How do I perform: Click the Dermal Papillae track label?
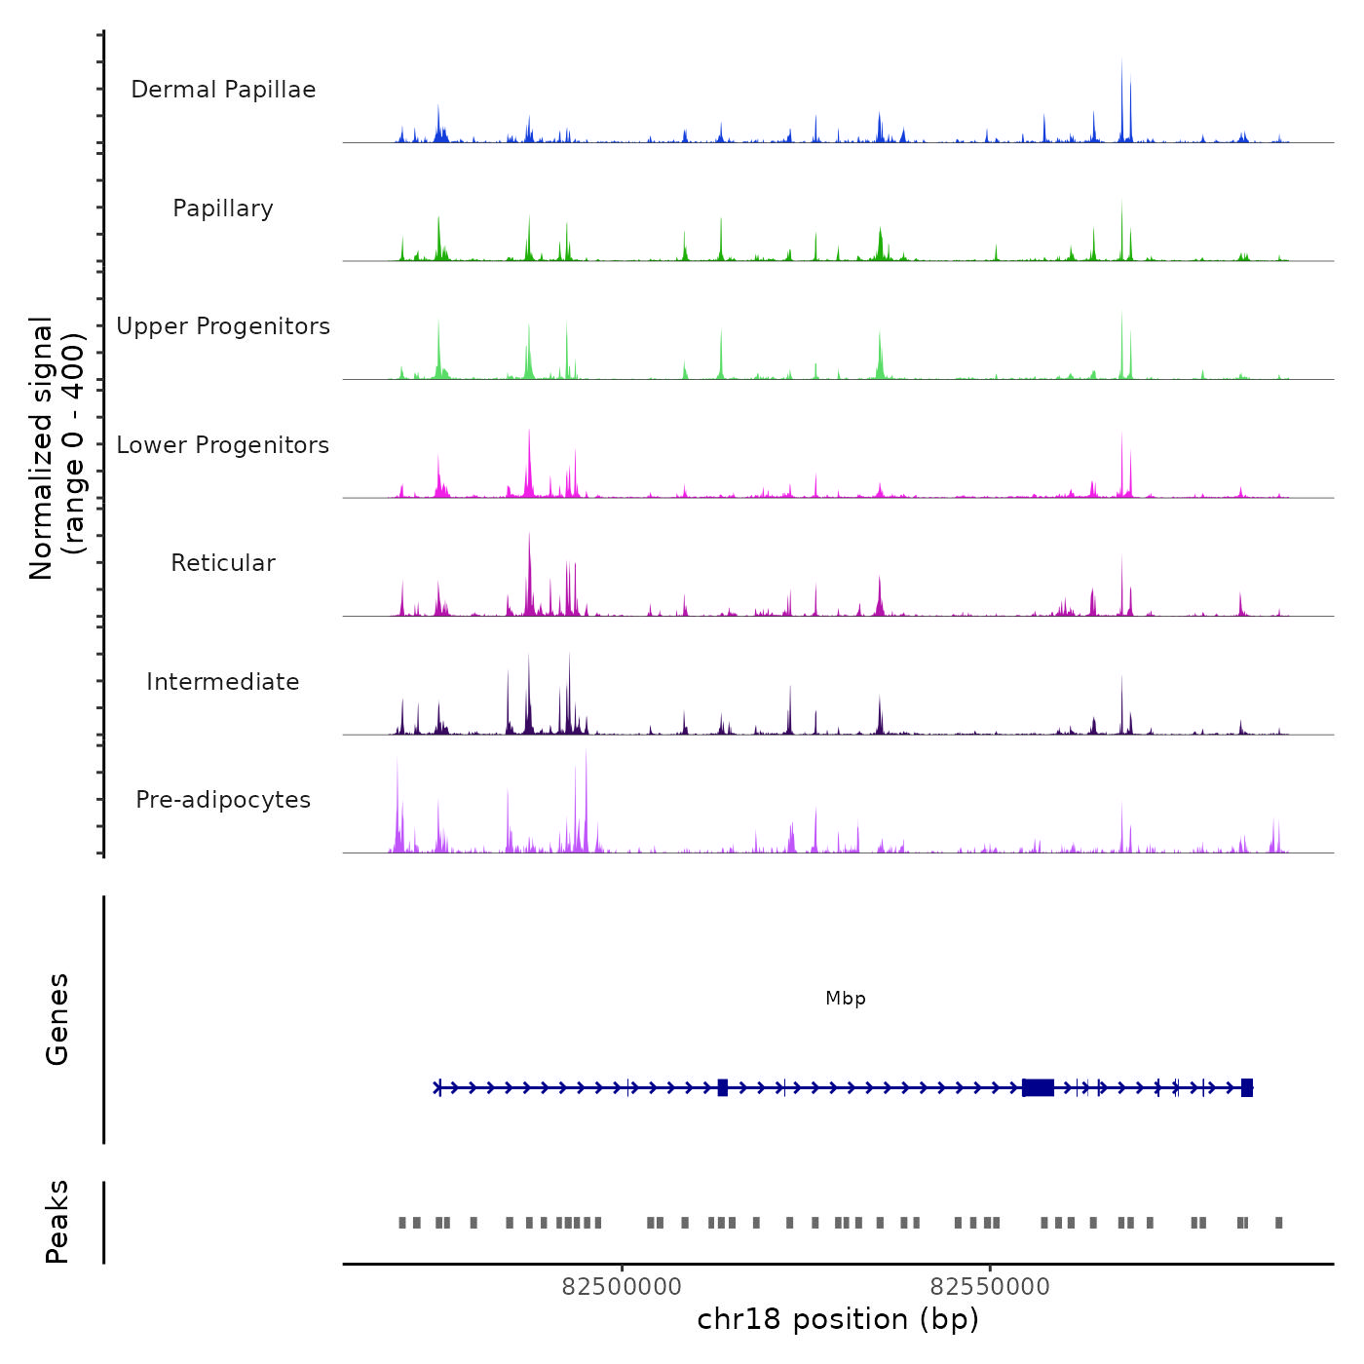click(x=223, y=90)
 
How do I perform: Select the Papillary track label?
click(x=223, y=208)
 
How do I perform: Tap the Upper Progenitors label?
click(x=223, y=326)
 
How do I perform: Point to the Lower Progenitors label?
click(x=223, y=445)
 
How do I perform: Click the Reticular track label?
click(x=223, y=563)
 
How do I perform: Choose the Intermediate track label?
click(x=223, y=682)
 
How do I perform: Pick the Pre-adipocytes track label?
click(x=223, y=800)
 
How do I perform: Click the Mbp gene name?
click(x=845, y=999)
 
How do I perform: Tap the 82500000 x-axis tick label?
click(x=622, y=1287)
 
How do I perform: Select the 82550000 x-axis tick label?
click(x=990, y=1287)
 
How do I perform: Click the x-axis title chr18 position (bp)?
click(x=838, y=1319)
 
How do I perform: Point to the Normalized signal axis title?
click(x=57, y=447)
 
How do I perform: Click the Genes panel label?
click(x=57, y=1019)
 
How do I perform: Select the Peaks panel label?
click(x=57, y=1222)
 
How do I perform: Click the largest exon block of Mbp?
click(x=1039, y=1087)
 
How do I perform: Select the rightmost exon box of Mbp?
click(x=1247, y=1087)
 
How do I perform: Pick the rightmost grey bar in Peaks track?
click(x=1279, y=1223)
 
